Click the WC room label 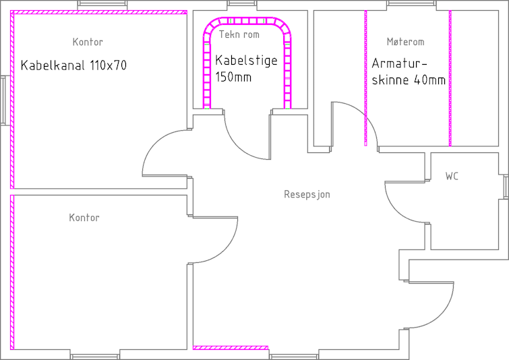click(x=452, y=176)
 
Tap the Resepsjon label click(x=307, y=194)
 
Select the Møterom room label click(x=405, y=42)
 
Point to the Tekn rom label click(x=239, y=34)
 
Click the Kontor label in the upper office click(x=88, y=42)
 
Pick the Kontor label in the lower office click(x=84, y=218)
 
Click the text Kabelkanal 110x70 click(x=73, y=65)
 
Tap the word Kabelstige click(x=246, y=61)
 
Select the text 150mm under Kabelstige click(x=233, y=78)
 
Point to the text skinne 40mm click(x=409, y=80)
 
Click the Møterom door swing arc click(x=364, y=114)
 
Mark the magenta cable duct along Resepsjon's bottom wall click(x=231, y=348)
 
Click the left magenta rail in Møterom click(x=366, y=78)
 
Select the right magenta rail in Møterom click(x=450, y=78)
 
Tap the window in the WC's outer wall click(x=506, y=187)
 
